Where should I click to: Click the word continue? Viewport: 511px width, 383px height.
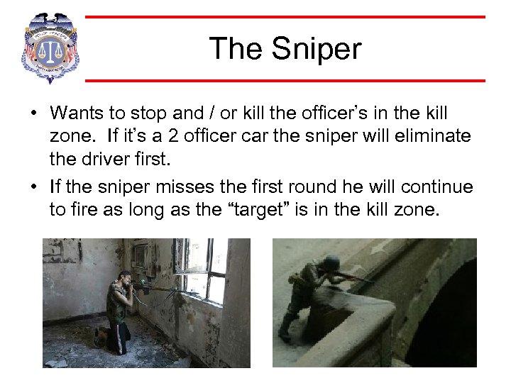coord(436,187)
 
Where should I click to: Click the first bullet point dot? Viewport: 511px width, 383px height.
coord(33,114)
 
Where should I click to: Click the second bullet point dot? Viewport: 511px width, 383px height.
coord(33,188)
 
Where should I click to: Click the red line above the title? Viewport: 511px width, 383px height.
coord(284,17)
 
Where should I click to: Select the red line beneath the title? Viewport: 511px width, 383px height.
coord(284,80)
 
